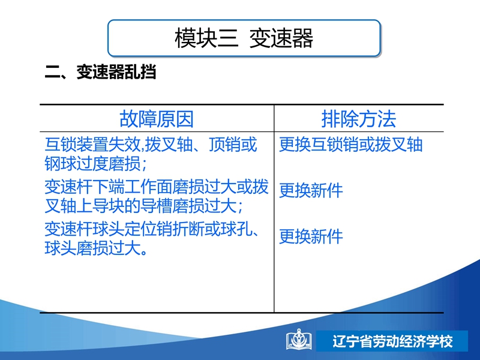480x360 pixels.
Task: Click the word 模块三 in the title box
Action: (x=206, y=38)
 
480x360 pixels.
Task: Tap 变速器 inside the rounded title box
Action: (x=281, y=38)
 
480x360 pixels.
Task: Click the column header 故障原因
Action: (x=157, y=119)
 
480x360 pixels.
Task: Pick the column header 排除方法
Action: (x=358, y=119)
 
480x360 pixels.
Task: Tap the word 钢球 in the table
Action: (x=61, y=163)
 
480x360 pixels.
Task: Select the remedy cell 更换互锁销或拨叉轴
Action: (x=351, y=145)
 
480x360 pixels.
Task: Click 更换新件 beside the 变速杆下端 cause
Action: (x=311, y=190)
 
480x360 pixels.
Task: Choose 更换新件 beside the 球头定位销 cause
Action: (x=311, y=236)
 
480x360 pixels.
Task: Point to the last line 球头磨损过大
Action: (x=95, y=248)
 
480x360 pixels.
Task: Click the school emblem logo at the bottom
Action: (x=299, y=339)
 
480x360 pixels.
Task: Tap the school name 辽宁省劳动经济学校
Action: (x=392, y=341)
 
